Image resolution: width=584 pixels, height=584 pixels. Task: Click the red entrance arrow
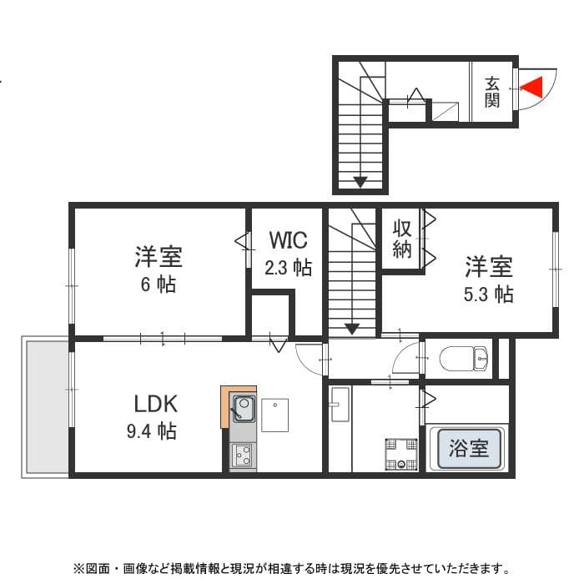click(x=531, y=86)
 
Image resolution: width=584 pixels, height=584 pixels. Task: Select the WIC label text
click(x=288, y=240)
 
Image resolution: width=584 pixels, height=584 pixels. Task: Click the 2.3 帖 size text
click(x=289, y=268)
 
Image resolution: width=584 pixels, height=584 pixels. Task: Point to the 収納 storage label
click(x=402, y=238)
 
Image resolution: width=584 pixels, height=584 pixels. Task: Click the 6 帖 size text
click(x=158, y=284)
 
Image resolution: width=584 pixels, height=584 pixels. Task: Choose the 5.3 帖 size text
click(x=489, y=294)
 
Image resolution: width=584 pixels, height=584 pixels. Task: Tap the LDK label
click(x=156, y=405)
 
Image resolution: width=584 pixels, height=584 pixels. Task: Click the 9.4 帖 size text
click(x=156, y=431)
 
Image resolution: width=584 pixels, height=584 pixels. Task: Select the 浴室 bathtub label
click(x=469, y=448)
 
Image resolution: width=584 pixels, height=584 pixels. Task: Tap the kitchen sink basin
click(x=243, y=409)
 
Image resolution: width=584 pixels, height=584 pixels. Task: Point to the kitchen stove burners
click(x=244, y=456)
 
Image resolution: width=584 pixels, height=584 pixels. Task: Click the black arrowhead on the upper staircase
click(x=360, y=181)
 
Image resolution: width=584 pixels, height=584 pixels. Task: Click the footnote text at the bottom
click(x=291, y=569)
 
